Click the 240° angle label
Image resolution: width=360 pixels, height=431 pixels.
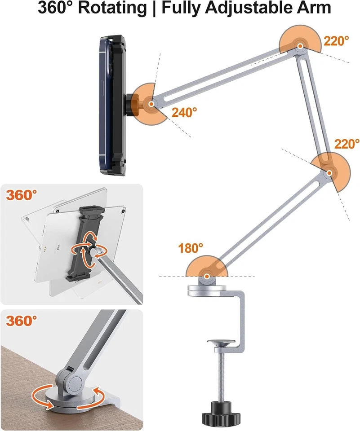(x=184, y=112)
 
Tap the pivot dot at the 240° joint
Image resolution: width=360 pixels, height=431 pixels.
(x=152, y=103)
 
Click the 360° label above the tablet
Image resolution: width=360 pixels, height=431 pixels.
(x=21, y=195)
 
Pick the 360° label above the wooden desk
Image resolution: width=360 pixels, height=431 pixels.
(x=21, y=321)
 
